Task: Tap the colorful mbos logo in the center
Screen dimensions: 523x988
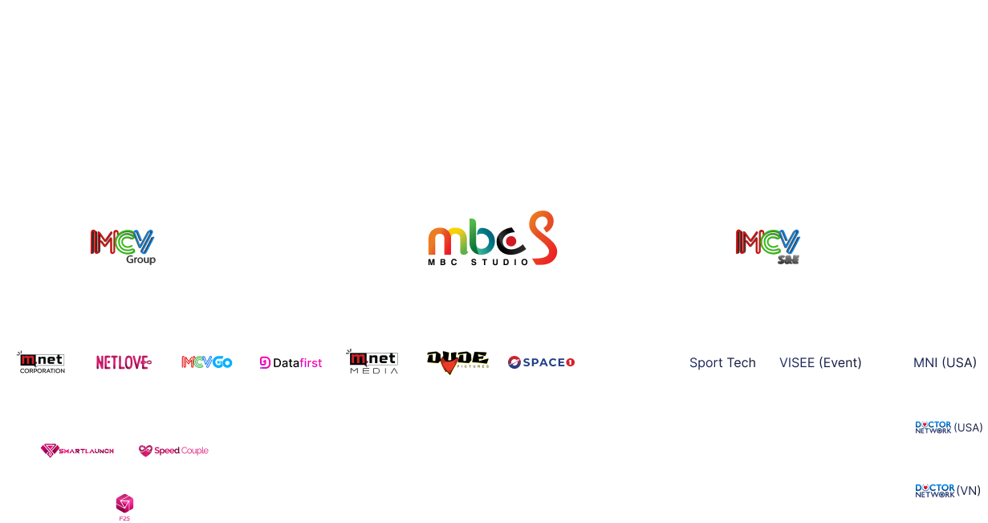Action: (492, 239)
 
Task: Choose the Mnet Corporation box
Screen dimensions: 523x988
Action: (42, 362)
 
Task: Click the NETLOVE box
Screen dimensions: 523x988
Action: (124, 362)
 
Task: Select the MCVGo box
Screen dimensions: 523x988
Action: (207, 362)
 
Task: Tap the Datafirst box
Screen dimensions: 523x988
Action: (291, 362)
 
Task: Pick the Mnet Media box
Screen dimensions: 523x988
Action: (374, 362)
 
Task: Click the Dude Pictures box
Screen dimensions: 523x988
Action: (457, 362)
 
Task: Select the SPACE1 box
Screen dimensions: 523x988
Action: (541, 362)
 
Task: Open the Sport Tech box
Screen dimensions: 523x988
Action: (722, 362)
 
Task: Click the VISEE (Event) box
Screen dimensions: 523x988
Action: (820, 362)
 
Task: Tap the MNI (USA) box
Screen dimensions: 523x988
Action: (945, 362)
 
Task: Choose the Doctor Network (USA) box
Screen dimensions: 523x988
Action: (948, 427)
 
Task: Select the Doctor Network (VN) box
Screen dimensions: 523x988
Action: (948, 491)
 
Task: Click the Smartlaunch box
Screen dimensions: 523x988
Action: (77, 451)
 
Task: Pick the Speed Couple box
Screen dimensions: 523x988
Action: (173, 451)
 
